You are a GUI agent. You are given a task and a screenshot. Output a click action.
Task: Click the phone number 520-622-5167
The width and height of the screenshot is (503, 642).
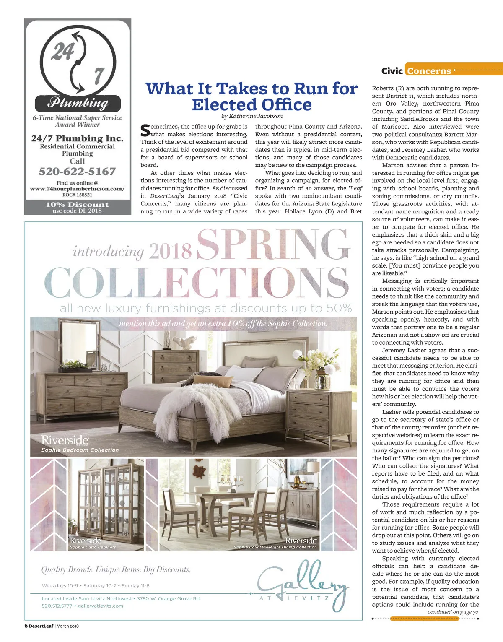tap(77, 172)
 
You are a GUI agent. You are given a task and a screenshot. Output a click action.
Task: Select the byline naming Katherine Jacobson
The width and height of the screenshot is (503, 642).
tap(251, 116)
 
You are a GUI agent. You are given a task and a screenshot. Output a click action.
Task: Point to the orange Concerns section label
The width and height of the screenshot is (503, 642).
tap(429, 71)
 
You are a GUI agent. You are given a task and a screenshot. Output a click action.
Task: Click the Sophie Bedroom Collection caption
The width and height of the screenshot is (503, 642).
tap(80, 450)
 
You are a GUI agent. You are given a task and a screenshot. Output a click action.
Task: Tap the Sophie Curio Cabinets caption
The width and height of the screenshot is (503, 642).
tap(93, 547)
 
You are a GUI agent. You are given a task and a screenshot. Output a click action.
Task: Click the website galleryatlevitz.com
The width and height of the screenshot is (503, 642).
tap(100, 606)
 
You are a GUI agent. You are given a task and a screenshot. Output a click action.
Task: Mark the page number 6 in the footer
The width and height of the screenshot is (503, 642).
tap(26, 626)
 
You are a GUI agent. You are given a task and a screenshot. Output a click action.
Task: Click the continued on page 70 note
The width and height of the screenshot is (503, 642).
tap(453, 612)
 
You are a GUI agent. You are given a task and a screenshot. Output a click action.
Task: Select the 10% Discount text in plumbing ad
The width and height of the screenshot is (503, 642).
tap(77, 204)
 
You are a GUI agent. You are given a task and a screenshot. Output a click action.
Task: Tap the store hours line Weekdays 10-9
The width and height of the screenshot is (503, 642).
tap(96, 586)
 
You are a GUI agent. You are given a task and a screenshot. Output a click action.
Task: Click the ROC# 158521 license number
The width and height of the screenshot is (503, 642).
tap(77, 195)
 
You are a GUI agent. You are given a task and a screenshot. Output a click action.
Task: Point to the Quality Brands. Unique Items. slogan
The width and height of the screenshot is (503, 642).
tap(116, 569)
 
